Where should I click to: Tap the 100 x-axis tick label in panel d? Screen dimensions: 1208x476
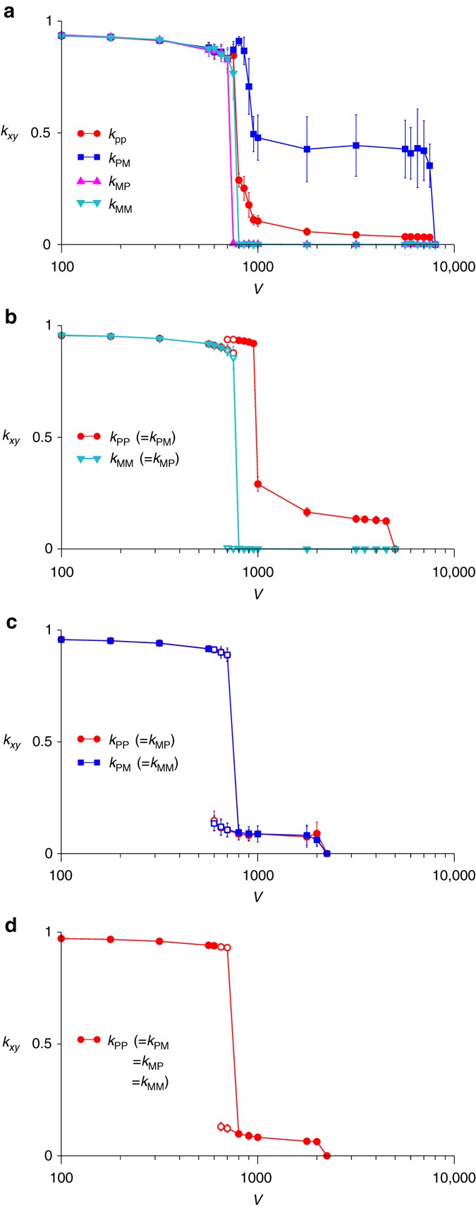pos(62,1178)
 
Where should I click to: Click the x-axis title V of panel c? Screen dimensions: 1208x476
pos(258,898)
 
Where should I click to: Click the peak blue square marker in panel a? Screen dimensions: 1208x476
pos(239,41)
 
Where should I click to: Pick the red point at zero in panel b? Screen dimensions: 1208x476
pos(395,549)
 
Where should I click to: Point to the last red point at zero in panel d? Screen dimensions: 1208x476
pos(327,1156)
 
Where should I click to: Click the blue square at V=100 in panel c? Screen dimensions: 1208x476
pos(62,639)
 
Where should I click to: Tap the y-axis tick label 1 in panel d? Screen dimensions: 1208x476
pos(49,933)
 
